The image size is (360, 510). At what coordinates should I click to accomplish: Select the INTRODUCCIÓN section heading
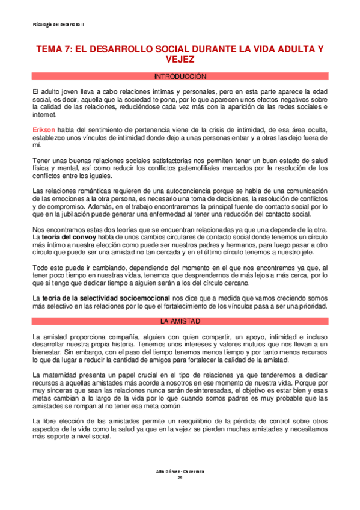pos(180,77)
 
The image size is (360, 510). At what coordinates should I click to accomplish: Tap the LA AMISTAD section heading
pos(180,322)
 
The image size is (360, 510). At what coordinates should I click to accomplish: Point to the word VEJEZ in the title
pos(180,60)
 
